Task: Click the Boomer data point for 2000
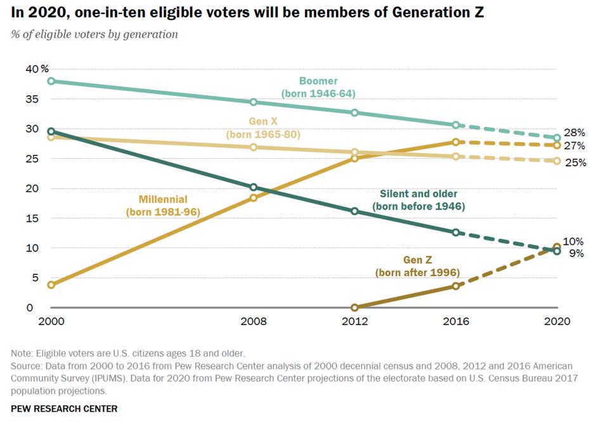pos(51,81)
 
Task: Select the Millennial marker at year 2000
pos(51,285)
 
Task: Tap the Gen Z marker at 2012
pos(354,308)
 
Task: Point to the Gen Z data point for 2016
pos(455,286)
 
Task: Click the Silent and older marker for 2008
pos(254,187)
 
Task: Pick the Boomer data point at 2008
pos(254,102)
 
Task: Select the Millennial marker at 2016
pos(455,142)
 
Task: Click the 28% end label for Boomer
pos(574,133)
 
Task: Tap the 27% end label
pos(574,146)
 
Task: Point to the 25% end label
pos(574,163)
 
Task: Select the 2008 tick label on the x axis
pos(254,322)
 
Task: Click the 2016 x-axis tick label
pos(455,322)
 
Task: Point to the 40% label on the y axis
pos(36,69)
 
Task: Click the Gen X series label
pos(262,128)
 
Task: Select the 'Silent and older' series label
pos(418,200)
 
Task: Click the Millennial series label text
pos(162,206)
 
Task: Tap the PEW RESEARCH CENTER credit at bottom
pos(64,408)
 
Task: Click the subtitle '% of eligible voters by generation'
pos(94,34)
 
